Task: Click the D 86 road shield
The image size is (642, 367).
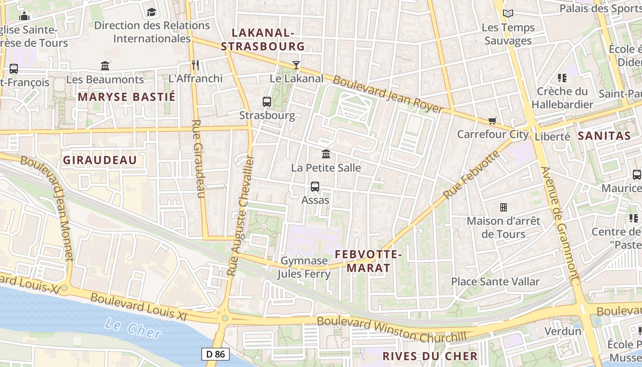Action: [x=216, y=354]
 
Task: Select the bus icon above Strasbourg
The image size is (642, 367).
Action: [x=267, y=101]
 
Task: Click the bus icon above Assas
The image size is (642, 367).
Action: [x=315, y=187]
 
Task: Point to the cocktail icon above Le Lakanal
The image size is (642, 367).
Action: [x=296, y=65]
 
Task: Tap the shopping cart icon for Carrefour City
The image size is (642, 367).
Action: [x=493, y=121]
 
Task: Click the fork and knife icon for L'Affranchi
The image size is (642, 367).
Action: [x=195, y=65]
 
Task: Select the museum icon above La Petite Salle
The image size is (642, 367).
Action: [x=326, y=154]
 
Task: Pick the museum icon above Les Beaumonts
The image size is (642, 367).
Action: [x=105, y=66]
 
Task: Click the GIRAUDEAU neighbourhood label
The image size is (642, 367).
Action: [x=100, y=160]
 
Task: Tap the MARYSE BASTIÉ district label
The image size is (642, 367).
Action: [x=127, y=97]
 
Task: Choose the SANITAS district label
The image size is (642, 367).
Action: [x=604, y=136]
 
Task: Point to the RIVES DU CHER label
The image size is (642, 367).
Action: [x=430, y=356]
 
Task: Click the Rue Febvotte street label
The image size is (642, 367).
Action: [x=471, y=175]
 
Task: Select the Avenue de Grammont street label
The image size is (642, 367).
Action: [x=560, y=223]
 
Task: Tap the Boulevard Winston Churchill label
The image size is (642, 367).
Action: [x=392, y=329]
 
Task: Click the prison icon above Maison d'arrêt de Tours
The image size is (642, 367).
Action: [x=504, y=207]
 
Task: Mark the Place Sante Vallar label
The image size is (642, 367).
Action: [x=495, y=282]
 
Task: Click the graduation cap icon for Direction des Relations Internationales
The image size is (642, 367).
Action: [x=151, y=12]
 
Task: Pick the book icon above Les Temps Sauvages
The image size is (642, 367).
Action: [x=508, y=14]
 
